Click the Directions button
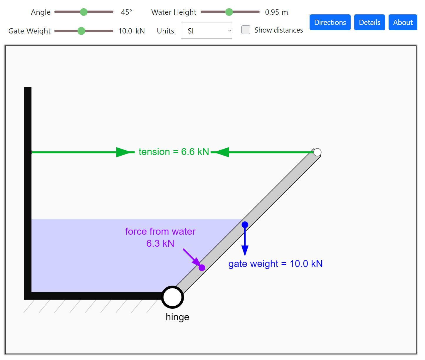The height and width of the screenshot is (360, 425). pos(330,22)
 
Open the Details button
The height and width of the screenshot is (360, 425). pos(369,22)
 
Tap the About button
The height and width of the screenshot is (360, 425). pos(403,22)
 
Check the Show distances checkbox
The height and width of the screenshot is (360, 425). pos(246,30)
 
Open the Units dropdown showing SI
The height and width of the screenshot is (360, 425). pos(206,31)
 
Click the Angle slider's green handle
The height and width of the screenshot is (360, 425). pos(84,12)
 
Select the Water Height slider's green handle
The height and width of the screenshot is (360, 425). pos(229,12)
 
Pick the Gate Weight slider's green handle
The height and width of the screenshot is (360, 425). pos(81,31)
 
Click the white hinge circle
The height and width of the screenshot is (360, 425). pos(172,297)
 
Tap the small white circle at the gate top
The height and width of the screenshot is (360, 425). pos(317,152)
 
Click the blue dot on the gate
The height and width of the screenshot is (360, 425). pos(245,225)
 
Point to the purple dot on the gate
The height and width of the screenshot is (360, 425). pos(202,268)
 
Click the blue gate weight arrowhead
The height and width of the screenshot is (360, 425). pos(245,250)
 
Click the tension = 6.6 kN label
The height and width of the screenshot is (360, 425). pos(174,152)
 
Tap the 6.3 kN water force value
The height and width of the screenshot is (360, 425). pos(160,243)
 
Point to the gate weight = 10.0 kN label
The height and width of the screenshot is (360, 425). pos(275,264)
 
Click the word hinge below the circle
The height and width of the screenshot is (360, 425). pos(177,317)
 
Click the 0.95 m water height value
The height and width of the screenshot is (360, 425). pos(276,12)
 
